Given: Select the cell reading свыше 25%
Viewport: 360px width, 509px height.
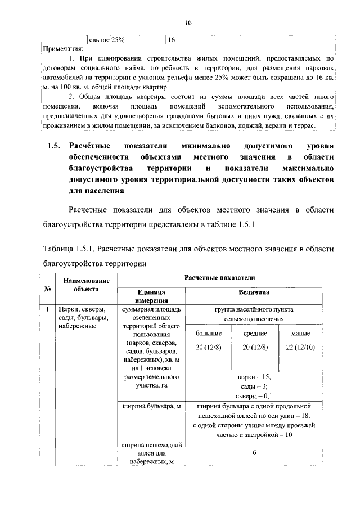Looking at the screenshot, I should point(107,40).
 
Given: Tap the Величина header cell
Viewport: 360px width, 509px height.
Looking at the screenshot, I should point(254,292).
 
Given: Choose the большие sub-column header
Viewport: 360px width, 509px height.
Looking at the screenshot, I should point(208,334).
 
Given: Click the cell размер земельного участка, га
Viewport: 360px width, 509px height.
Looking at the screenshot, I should point(150,381).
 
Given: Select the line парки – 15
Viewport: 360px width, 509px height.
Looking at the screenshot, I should point(254,376).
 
